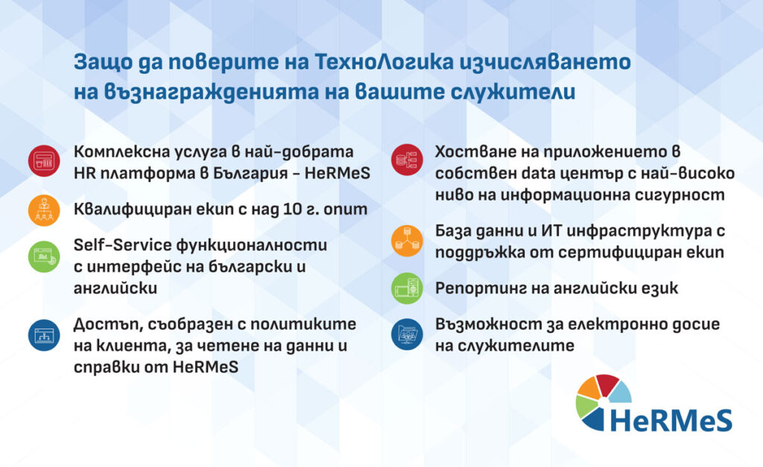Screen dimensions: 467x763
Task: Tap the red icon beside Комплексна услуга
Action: [x=43, y=160]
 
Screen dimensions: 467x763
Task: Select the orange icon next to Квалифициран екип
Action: [x=43, y=210]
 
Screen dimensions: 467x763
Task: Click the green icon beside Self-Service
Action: [x=43, y=256]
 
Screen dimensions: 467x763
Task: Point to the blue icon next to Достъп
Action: [x=43, y=335]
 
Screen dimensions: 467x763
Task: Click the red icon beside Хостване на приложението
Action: [x=407, y=160]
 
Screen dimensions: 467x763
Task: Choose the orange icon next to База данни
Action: [x=407, y=240]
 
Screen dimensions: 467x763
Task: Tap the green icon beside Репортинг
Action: [x=407, y=288]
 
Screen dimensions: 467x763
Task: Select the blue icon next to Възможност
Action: [x=407, y=335]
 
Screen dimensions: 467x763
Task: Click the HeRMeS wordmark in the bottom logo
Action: [x=670, y=420]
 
